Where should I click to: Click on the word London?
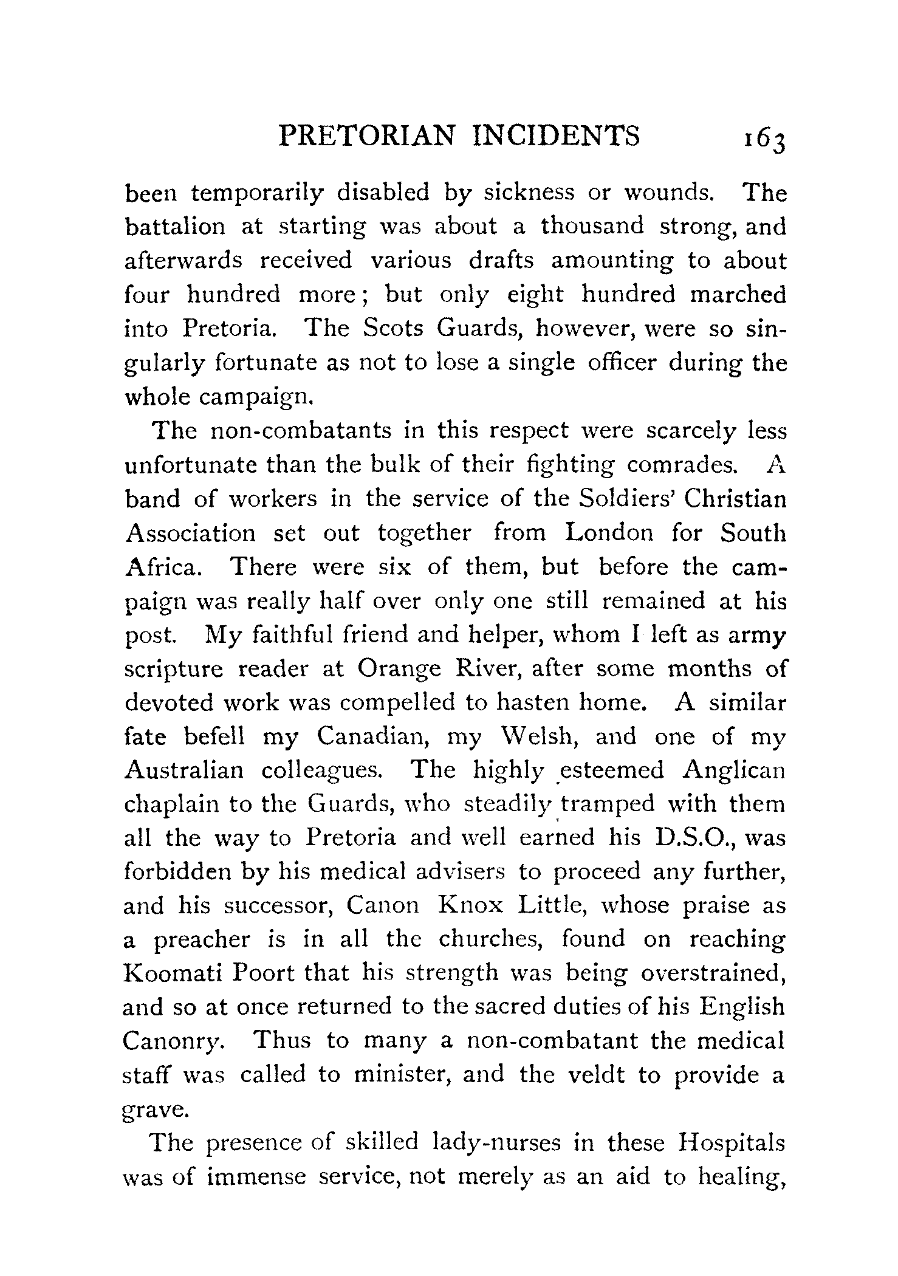(609, 532)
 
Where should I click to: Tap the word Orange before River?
(399, 668)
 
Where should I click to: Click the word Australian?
(183, 770)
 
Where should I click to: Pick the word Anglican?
(733, 770)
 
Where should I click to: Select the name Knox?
(471, 907)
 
